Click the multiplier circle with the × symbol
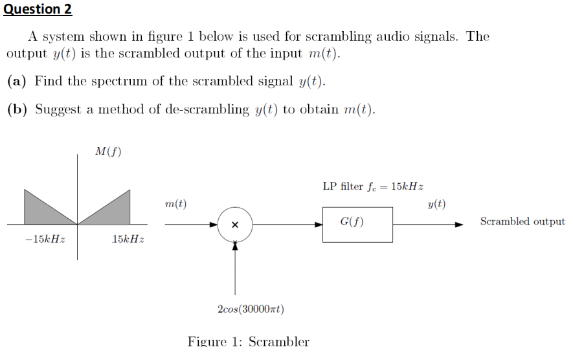tap(234, 225)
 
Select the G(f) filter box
tap(357, 225)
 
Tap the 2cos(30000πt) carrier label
tap(251, 309)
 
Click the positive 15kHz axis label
tap(128, 240)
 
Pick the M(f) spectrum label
tap(108, 152)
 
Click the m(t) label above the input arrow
tap(175, 204)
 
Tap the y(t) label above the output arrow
tap(437, 204)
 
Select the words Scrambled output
tap(522, 221)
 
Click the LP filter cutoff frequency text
tap(373, 186)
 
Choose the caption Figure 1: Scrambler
tap(248, 341)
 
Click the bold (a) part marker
tap(17, 81)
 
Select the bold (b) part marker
tap(17, 109)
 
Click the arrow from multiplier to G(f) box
tap(287, 225)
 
